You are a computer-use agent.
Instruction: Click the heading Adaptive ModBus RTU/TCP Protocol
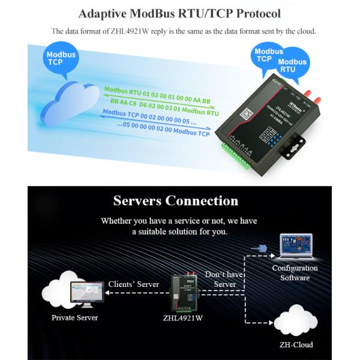click(179, 13)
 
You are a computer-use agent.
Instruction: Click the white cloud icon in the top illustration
click(69, 99)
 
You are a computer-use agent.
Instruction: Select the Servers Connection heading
click(176, 200)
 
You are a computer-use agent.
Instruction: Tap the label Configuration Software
click(295, 273)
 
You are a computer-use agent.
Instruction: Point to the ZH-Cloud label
click(296, 345)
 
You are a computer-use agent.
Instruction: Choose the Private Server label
click(74, 317)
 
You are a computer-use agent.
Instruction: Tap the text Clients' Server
click(133, 284)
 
